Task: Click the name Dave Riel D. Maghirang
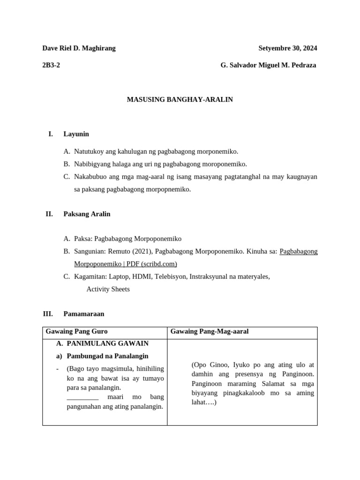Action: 79,48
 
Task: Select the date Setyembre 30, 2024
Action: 287,48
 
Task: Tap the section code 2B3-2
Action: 51,65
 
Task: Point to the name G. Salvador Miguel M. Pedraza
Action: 268,65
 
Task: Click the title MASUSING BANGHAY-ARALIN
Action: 180,100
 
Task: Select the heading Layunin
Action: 76,134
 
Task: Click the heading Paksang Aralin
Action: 87,214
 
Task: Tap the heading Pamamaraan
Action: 83,314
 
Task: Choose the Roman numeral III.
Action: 48,314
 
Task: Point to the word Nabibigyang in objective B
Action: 92,164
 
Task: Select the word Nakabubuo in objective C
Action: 90,177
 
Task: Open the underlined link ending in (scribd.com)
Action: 126,264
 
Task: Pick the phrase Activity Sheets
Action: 108,289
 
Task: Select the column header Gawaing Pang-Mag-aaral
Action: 209,331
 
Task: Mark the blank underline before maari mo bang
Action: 82,397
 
